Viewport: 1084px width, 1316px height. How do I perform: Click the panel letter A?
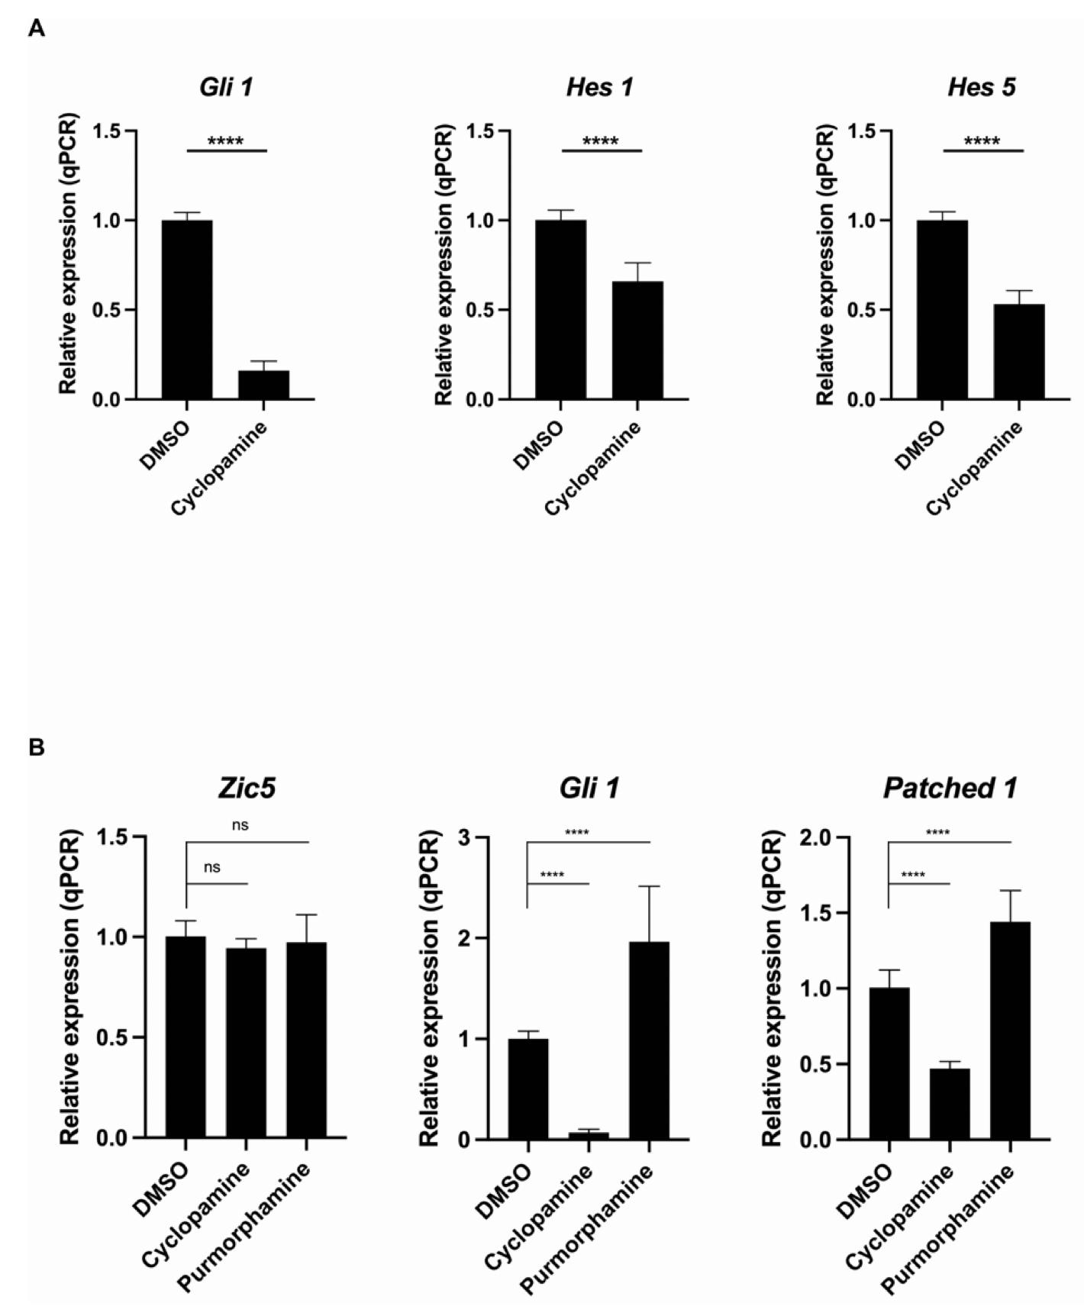(x=36, y=29)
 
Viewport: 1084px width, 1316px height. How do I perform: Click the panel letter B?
(x=36, y=747)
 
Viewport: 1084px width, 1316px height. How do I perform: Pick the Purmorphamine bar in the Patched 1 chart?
(x=1010, y=1031)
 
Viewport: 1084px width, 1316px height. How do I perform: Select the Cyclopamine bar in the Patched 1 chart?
(x=950, y=1104)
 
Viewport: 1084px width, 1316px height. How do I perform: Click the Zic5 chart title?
(x=246, y=788)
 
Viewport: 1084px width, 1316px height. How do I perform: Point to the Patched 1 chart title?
(x=950, y=788)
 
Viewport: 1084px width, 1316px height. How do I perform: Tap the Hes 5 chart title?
(x=981, y=87)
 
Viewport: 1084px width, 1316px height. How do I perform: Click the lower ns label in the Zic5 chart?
(x=212, y=867)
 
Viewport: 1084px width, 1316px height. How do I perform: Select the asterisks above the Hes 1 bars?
(x=601, y=141)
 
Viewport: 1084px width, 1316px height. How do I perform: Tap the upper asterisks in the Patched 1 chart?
(x=937, y=832)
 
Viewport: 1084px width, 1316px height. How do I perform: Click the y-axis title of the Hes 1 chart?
(x=444, y=265)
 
